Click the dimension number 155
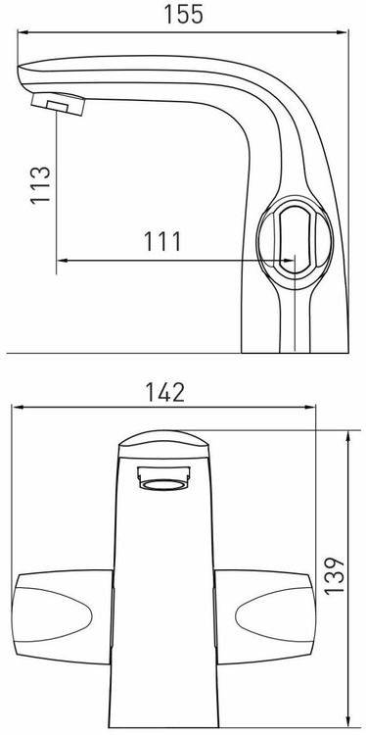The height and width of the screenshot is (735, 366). pos(183,14)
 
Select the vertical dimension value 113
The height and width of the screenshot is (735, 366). pos(40,184)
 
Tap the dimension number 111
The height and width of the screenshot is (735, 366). pos(161,242)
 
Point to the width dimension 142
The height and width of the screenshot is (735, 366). pos(164,392)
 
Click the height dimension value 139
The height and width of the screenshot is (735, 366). pos(334,576)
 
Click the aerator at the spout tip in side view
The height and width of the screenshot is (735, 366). pos(58,102)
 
